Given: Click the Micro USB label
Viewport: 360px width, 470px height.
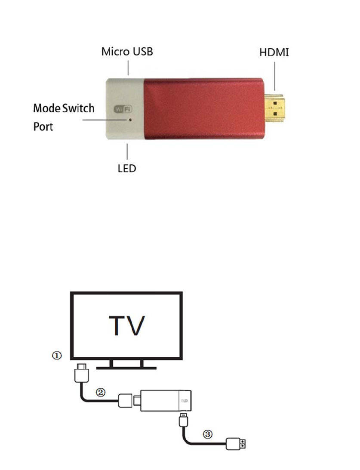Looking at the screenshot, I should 127,52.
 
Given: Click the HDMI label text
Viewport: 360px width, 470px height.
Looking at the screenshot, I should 274,53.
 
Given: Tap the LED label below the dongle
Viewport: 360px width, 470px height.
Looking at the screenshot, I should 127,168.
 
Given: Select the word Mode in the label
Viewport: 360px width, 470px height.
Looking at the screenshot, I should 46,108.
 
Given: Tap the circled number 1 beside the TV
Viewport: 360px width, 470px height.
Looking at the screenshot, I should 57,356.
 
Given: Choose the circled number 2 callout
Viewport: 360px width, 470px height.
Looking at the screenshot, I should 100,392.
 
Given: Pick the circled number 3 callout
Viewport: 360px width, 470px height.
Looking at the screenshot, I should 208,434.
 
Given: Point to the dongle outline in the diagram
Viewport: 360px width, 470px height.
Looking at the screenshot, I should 166,402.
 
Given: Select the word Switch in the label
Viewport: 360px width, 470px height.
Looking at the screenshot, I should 78,108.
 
